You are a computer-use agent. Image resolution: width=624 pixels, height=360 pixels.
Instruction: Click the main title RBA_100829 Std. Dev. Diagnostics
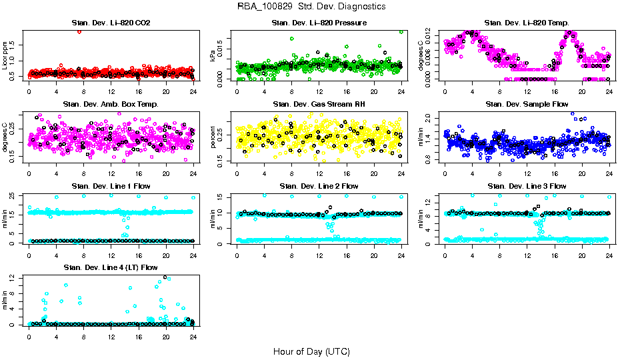click(311, 7)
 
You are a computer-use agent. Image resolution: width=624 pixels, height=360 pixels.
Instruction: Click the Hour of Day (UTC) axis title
click(311, 351)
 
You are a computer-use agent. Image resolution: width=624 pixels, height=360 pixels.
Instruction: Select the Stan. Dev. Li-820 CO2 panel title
click(111, 23)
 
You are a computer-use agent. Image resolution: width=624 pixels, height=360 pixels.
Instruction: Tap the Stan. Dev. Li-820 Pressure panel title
click(319, 23)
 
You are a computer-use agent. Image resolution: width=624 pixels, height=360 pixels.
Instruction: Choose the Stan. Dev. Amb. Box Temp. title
click(111, 105)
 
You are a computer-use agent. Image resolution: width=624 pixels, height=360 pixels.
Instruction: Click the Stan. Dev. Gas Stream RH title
click(319, 105)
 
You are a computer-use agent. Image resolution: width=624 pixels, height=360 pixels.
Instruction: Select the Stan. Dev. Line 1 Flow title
click(111, 186)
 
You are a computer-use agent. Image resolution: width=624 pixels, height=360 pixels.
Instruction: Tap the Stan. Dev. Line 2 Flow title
click(319, 186)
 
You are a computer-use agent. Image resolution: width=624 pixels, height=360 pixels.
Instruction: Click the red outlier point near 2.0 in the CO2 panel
click(79, 31)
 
